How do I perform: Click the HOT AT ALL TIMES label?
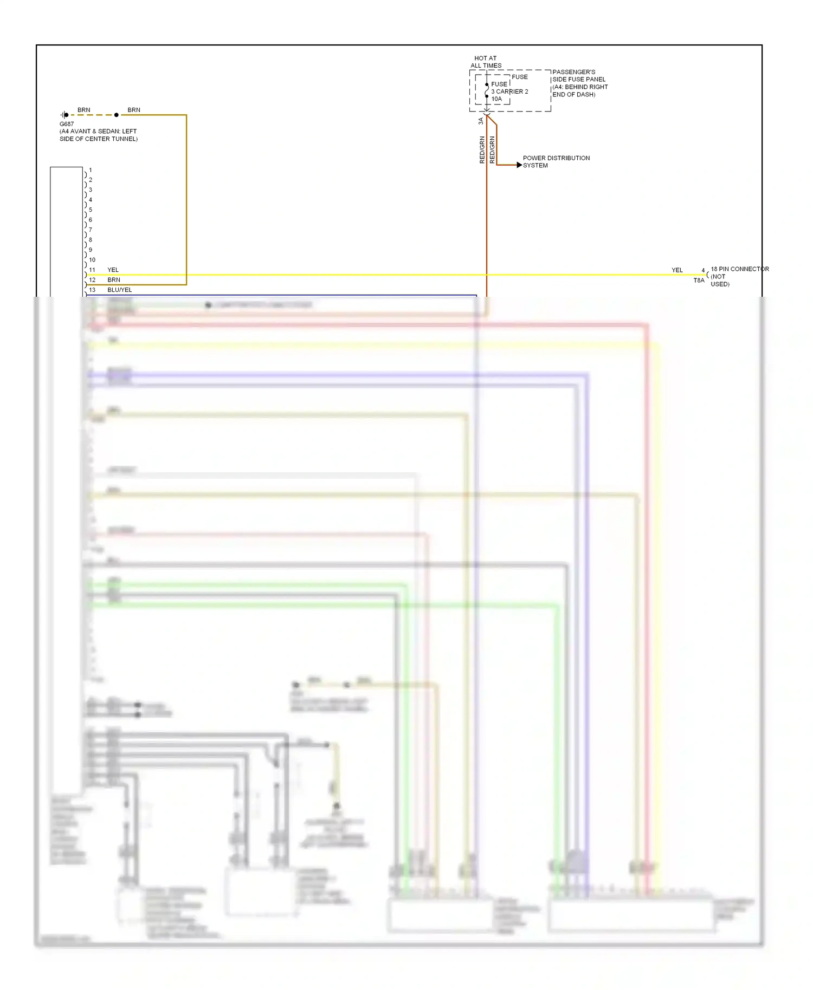486,62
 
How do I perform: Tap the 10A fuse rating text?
496,99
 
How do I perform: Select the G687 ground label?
67,124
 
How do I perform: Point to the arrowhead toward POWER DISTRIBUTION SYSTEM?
519,165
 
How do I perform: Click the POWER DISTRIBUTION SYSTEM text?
556,161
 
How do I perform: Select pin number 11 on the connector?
92,270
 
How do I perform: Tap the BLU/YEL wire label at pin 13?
119,290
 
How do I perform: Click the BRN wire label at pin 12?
114,280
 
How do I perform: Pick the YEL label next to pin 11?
113,270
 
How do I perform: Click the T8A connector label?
699,281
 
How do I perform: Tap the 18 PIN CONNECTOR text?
739,269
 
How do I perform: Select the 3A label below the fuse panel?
481,121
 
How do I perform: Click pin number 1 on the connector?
91,170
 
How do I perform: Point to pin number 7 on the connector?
91,230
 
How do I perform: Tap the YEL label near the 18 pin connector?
677,270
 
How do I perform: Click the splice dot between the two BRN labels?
117,115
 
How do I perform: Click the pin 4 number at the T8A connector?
703,271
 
